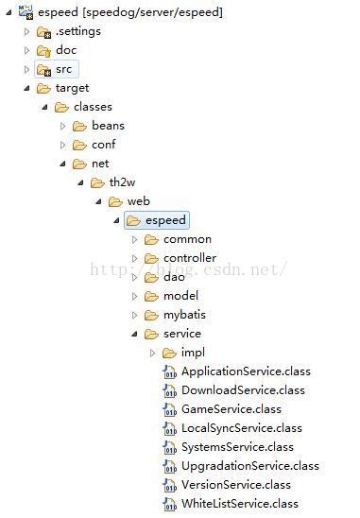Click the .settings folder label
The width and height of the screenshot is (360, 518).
click(x=77, y=31)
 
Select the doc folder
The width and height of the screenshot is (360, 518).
click(x=66, y=50)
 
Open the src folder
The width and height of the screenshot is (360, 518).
click(x=64, y=69)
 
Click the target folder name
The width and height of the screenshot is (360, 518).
click(x=72, y=88)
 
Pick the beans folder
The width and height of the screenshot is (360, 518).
click(x=108, y=126)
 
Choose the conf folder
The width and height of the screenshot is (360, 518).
click(x=103, y=145)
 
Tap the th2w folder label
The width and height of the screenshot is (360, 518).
click(x=122, y=182)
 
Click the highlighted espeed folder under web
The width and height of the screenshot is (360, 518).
click(x=165, y=220)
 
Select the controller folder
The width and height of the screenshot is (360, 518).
click(x=189, y=258)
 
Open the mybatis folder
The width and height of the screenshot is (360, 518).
click(x=184, y=315)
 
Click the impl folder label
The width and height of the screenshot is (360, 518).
click(x=193, y=353)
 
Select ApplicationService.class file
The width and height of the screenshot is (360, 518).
click(x=245, y=371)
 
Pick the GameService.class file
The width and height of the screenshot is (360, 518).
click(x=231, y=409)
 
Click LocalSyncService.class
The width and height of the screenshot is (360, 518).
click(x=241, y=428)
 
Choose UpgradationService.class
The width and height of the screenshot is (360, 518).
click(x=249, y=466)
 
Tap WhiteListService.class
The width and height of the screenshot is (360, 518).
click(x=239, y=504)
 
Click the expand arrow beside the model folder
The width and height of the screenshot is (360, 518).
click(x=135, y=296)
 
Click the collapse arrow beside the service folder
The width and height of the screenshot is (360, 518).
click(x=135, y=334)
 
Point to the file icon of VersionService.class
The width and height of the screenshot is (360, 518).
click(x=170, y=485)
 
